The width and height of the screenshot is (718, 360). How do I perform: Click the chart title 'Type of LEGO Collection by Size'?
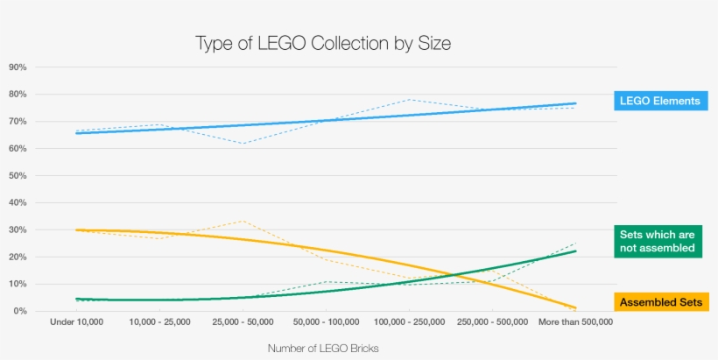pyautogui.click(x=323, y=43)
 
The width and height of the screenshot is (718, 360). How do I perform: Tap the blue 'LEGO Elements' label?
pyautogui.click(x=659, y=101)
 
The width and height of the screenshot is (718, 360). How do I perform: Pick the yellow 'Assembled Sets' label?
pyautogui.click(x=660, y=303)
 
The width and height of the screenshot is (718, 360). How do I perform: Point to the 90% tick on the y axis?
pyautogui.click(x=18, y=67)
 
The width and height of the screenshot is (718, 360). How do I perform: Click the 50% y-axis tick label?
pyautogui.click(x=18, y=176)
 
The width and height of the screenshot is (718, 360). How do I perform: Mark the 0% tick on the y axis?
pyautogui.click(x=19, y=312)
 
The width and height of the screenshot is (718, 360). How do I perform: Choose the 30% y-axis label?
pyautogui.click(x=18, y=230)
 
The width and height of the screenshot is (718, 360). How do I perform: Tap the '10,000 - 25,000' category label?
pyautogui.click(x=159, y=322)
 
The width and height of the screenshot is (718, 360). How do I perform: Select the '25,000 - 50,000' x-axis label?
pyautogui.click(x=242, y=322)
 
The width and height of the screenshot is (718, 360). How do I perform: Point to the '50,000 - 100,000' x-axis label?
pyautogui.click(x=325, y=322)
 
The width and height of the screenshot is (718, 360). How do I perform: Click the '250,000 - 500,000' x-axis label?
pyautogui.click(x=492, y=322)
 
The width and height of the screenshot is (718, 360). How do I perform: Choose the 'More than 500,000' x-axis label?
pyautogui.click(x=574, y=322)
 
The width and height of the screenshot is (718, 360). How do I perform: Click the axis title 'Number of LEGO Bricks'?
pyautogui.click(x=324, y=348)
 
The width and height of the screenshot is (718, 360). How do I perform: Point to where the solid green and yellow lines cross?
pyautogui.click(x=470, y=274)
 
